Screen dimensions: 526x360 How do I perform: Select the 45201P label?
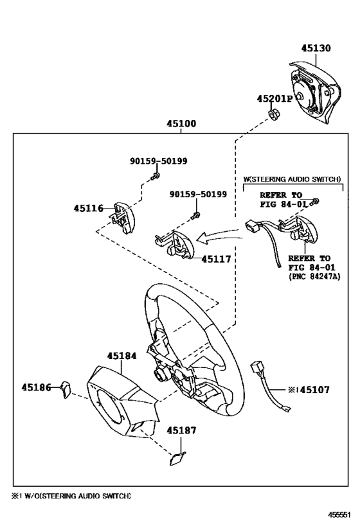(274, 99)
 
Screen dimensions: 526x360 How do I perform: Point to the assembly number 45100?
(181, 124)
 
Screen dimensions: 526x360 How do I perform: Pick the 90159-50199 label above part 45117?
(198, 194)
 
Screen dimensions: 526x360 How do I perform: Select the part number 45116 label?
(88, 209)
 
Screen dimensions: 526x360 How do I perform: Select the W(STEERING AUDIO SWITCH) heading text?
(291, 180)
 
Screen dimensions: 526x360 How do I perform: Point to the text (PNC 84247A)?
(313, 276)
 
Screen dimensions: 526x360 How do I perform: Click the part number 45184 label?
(122, 355)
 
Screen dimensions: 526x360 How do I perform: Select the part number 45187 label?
(182, 431)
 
